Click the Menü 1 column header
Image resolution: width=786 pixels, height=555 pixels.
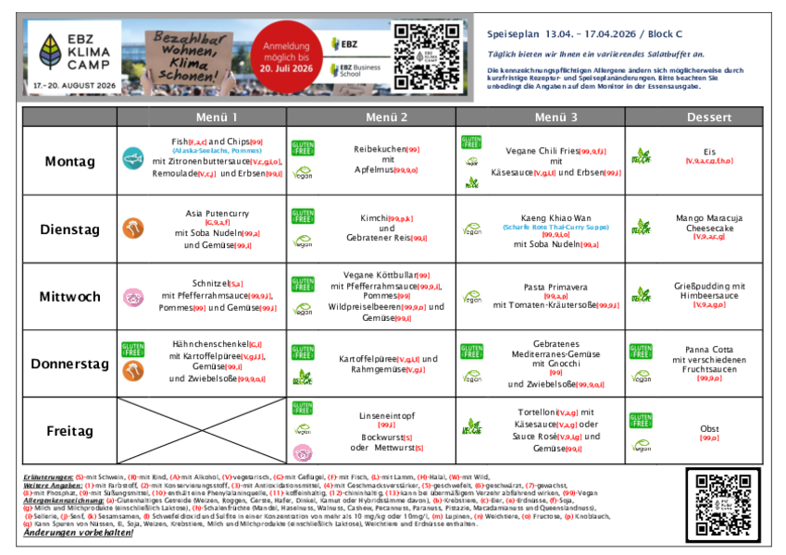click(x=216, y=117)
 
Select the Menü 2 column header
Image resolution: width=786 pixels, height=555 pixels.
click(x=386, y=117)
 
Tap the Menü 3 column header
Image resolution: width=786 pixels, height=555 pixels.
click(x=555, y=117)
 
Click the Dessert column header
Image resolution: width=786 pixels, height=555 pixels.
click(x=708, y=117)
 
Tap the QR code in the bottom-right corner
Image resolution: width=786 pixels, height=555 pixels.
click(x=722, y=504)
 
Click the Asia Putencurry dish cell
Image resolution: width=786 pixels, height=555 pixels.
click(x=217, y=228)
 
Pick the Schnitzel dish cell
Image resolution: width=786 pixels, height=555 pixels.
click(x=217, y=296)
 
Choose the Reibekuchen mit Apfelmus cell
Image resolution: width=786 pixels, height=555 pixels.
click(x=386, y=159)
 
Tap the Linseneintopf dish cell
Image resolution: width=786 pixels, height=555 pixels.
click(x=386, y=431)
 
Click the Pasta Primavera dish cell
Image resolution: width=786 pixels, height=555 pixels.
click(x=555, y=296)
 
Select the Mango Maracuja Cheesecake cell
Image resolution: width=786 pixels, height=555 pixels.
click(x=708, y=228)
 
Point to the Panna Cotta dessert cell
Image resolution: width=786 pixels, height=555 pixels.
click(x=708, y=364)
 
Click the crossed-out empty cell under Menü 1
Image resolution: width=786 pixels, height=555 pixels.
click(x=216, y=430)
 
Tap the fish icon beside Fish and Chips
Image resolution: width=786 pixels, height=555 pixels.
click(x=133, y=158)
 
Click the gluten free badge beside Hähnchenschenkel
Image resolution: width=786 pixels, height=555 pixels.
click(x=133, y=350)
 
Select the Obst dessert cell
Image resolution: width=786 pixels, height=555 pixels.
click(x=708, y=431)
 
